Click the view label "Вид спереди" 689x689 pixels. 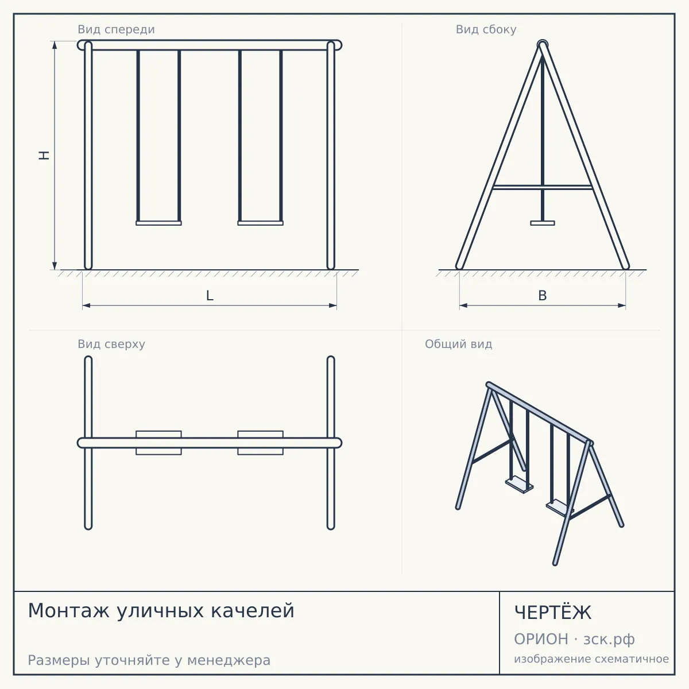click(x=116, y=30)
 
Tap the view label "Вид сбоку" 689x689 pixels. click(x=486, y=30)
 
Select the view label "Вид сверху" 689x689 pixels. click(x=111, y=344)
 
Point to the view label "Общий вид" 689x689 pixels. click(x=458, y=344)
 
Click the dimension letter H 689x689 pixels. click(x=44, y=155)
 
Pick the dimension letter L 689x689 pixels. click(x=210, y=296)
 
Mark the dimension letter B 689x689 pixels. click(x=543, y=296)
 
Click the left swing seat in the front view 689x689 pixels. click(x=158, y=223)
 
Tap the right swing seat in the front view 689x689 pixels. click(x=260, y=223)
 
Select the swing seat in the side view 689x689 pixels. click(x=543, y=223)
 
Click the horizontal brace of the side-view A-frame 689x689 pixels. click(x=543, y=187)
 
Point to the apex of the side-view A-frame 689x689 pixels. click(x=543, y=44)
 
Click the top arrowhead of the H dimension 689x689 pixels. click(x=55, y=45)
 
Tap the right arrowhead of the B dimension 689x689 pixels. click(x=622, y=305)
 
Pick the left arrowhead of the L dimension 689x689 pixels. click(x=86, y=305)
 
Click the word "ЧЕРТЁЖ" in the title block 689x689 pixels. click(x=553, y=613)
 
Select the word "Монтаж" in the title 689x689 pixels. click(x=68, y=611)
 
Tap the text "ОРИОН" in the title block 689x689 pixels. click(x=541, y=639)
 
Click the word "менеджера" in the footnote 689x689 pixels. click(x=229, y=660)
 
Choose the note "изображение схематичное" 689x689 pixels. click(x=591, y=659)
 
